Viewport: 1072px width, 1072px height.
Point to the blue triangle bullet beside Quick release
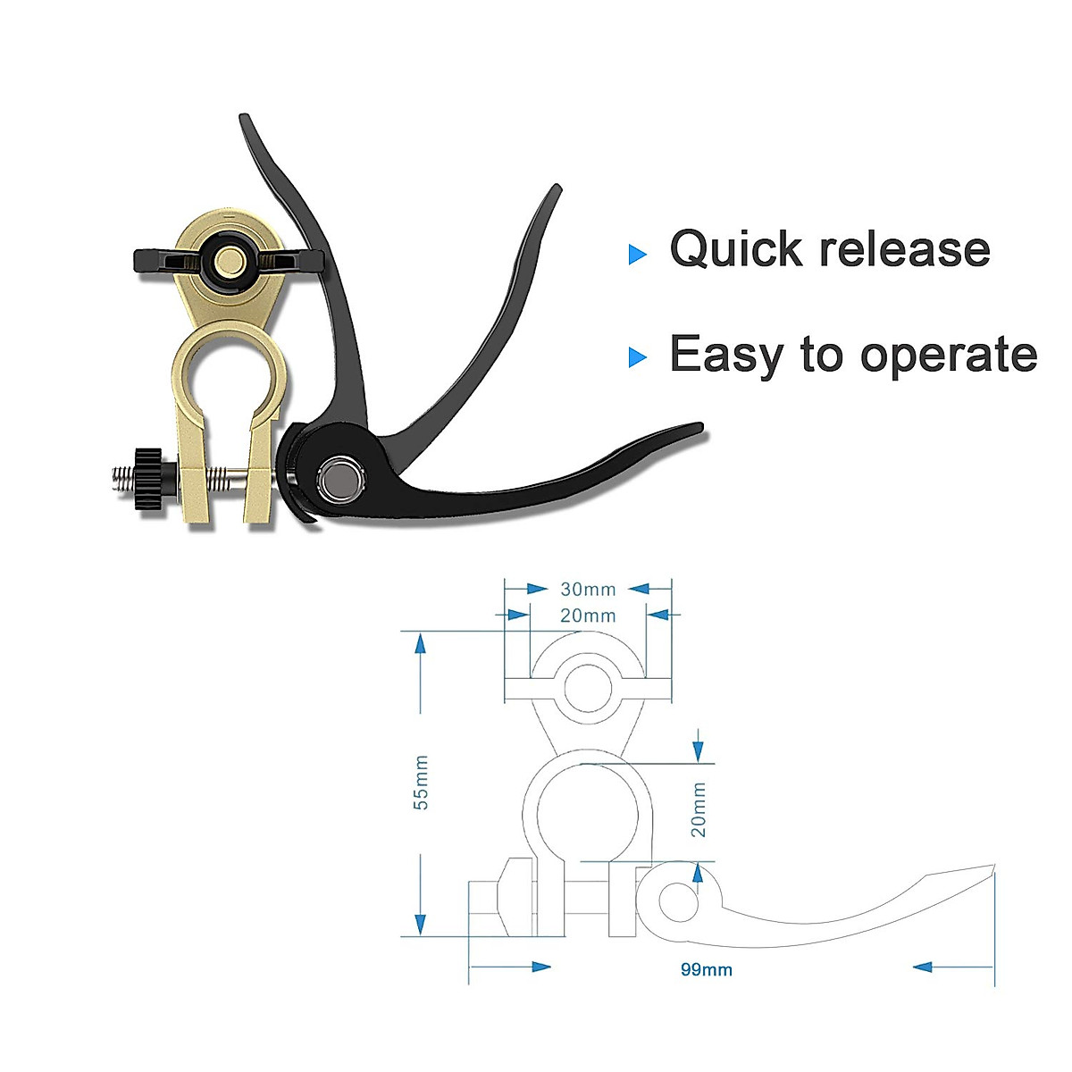(x=637, y=255)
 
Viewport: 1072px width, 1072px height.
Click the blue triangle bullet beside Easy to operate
(x=637, y=358)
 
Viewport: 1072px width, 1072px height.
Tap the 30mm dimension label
(x=588, y=590)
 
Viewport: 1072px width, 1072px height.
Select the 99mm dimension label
(x=706, y=969)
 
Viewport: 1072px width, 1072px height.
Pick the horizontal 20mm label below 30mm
(x=588, y=616)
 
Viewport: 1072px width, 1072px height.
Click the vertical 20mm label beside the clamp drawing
(x=699, y=809)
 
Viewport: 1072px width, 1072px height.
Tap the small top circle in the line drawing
(x=587, y=687)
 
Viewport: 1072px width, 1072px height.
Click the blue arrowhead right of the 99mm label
(x=924, y=967)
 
